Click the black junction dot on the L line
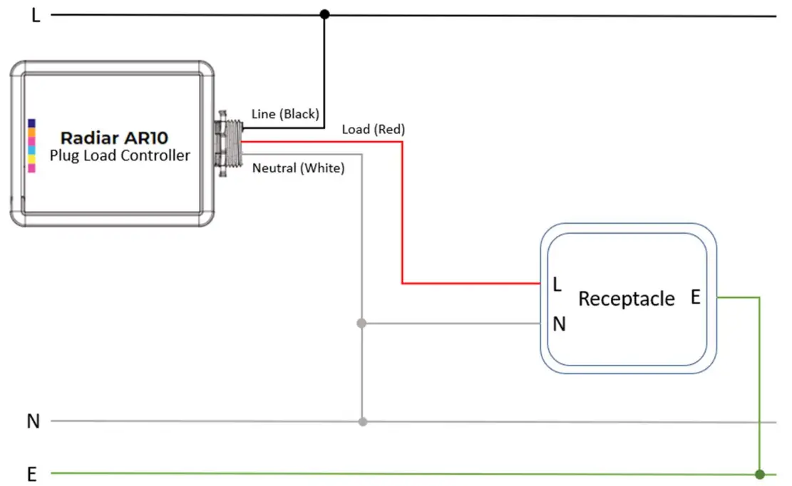[324, 14]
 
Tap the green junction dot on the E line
[760, 474]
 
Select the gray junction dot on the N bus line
[362, 421]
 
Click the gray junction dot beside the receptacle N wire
[361, 324]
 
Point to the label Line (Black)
[285, 114]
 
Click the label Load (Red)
[373, 129]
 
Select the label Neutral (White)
[298, 169]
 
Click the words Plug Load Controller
[120, 155]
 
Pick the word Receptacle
[626, 299]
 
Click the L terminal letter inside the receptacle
[557, 285]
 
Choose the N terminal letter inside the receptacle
[559, 324]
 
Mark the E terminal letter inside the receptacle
[695, 298]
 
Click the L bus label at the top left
[36, 16]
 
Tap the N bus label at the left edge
[33, 421]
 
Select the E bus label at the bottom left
[32, 475]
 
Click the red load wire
[403, 214]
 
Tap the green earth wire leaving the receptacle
[760, 385]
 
